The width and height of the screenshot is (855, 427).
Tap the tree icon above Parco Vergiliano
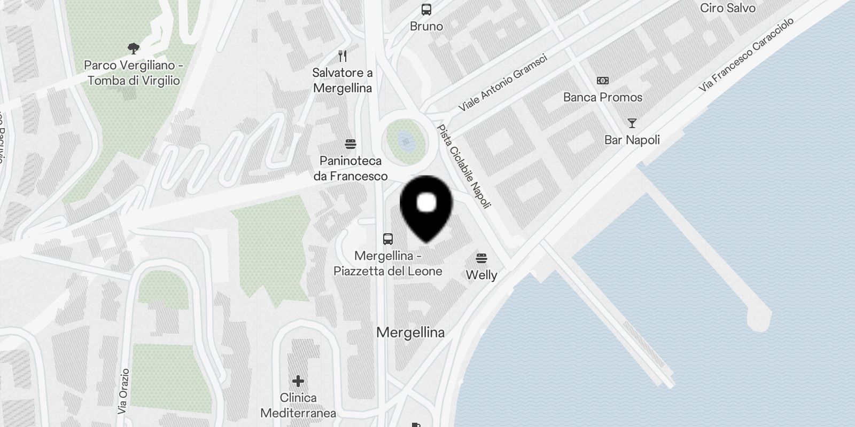(134, 49)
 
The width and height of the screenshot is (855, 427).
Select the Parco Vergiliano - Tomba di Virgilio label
(134, 73)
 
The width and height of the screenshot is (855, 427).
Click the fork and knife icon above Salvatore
(343, 56)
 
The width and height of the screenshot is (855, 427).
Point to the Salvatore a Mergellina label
(343, 80)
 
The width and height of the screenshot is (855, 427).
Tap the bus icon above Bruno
(426, 9)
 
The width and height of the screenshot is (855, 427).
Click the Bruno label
(426, 26)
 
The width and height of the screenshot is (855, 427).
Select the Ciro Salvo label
(727, 8)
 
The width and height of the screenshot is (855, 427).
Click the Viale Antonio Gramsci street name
(503, 82)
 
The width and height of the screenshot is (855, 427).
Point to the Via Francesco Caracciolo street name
(747, 54)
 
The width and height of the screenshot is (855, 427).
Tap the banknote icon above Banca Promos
(602, 81)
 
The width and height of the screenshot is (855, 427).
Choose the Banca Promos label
(602, 97)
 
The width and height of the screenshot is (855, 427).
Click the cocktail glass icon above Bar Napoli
(632, 123)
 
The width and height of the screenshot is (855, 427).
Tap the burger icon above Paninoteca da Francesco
(351, 144)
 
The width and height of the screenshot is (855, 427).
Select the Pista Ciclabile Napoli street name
(463, 166)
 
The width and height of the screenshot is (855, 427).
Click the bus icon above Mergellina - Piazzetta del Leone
(388, 239)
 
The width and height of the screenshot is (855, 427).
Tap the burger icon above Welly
(481, 259)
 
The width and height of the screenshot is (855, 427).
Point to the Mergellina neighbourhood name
(410, 333)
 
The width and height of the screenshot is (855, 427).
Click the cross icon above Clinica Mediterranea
(298, 381)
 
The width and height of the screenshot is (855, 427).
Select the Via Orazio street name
(123, 391)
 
